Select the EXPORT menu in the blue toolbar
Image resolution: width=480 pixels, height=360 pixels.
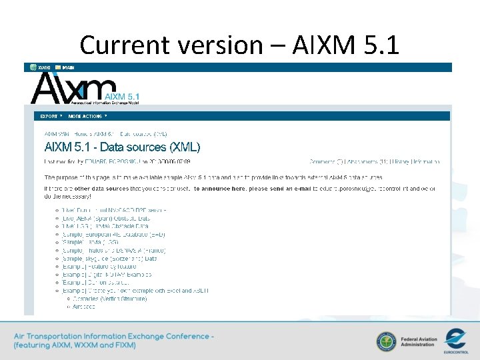coord(51,116)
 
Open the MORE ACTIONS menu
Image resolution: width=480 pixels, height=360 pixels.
coord(87,116)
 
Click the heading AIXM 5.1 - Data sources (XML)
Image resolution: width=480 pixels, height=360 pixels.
coord(122,147)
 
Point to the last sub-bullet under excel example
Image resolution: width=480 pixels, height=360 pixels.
coord(83,307)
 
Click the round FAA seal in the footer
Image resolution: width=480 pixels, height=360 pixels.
coord(386,342)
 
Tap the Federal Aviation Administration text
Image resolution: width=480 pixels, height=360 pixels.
coord(419,342)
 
